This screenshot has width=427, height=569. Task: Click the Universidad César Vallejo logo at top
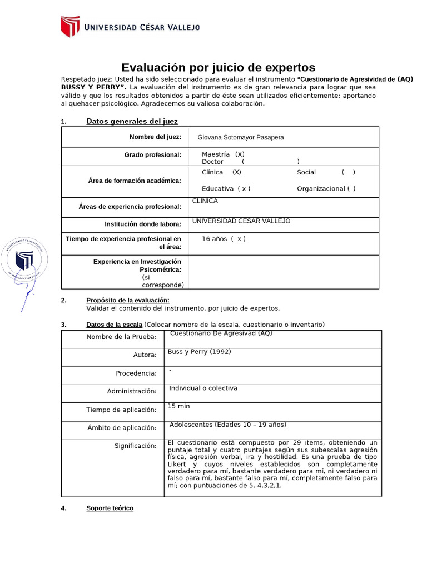130,26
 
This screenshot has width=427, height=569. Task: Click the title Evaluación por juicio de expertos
218,68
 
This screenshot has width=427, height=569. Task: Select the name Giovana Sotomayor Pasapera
240,137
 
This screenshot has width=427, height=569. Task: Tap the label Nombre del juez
155,137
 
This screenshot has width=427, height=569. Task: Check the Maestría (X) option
223,154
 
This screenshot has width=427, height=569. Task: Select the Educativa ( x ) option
226,188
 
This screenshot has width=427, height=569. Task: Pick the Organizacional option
326,188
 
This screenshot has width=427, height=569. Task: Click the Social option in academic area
326,172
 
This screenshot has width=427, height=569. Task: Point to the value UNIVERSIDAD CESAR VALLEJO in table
241,221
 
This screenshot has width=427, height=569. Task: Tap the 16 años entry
223,239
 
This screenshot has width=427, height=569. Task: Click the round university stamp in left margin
24,260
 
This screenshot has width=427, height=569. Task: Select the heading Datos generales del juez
132,121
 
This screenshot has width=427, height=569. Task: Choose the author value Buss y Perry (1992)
199,352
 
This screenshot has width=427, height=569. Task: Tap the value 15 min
178,406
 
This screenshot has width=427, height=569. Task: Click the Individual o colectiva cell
203,388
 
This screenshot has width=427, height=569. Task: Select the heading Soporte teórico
110,508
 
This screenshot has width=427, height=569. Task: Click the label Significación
135,446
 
